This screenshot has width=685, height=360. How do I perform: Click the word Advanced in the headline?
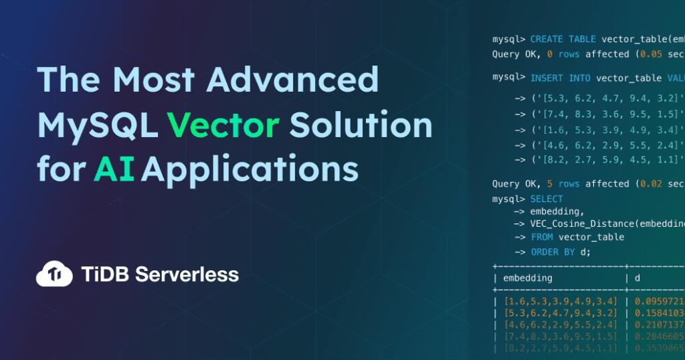pyautogui.click(x=292, y=81)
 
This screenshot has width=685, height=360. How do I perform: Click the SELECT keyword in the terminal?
pyautogui.click(x=547, y=199)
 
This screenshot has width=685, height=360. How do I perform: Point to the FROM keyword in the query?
pyautogui.click(x=542, y=237)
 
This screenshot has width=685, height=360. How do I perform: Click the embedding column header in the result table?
pyautogui.click(x=528, y=278)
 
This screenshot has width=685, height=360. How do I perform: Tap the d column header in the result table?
pyautogui.click(x=638, y=278)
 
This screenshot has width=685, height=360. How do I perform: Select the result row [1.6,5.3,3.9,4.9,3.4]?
pyautogui.click(x=560, y=301)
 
